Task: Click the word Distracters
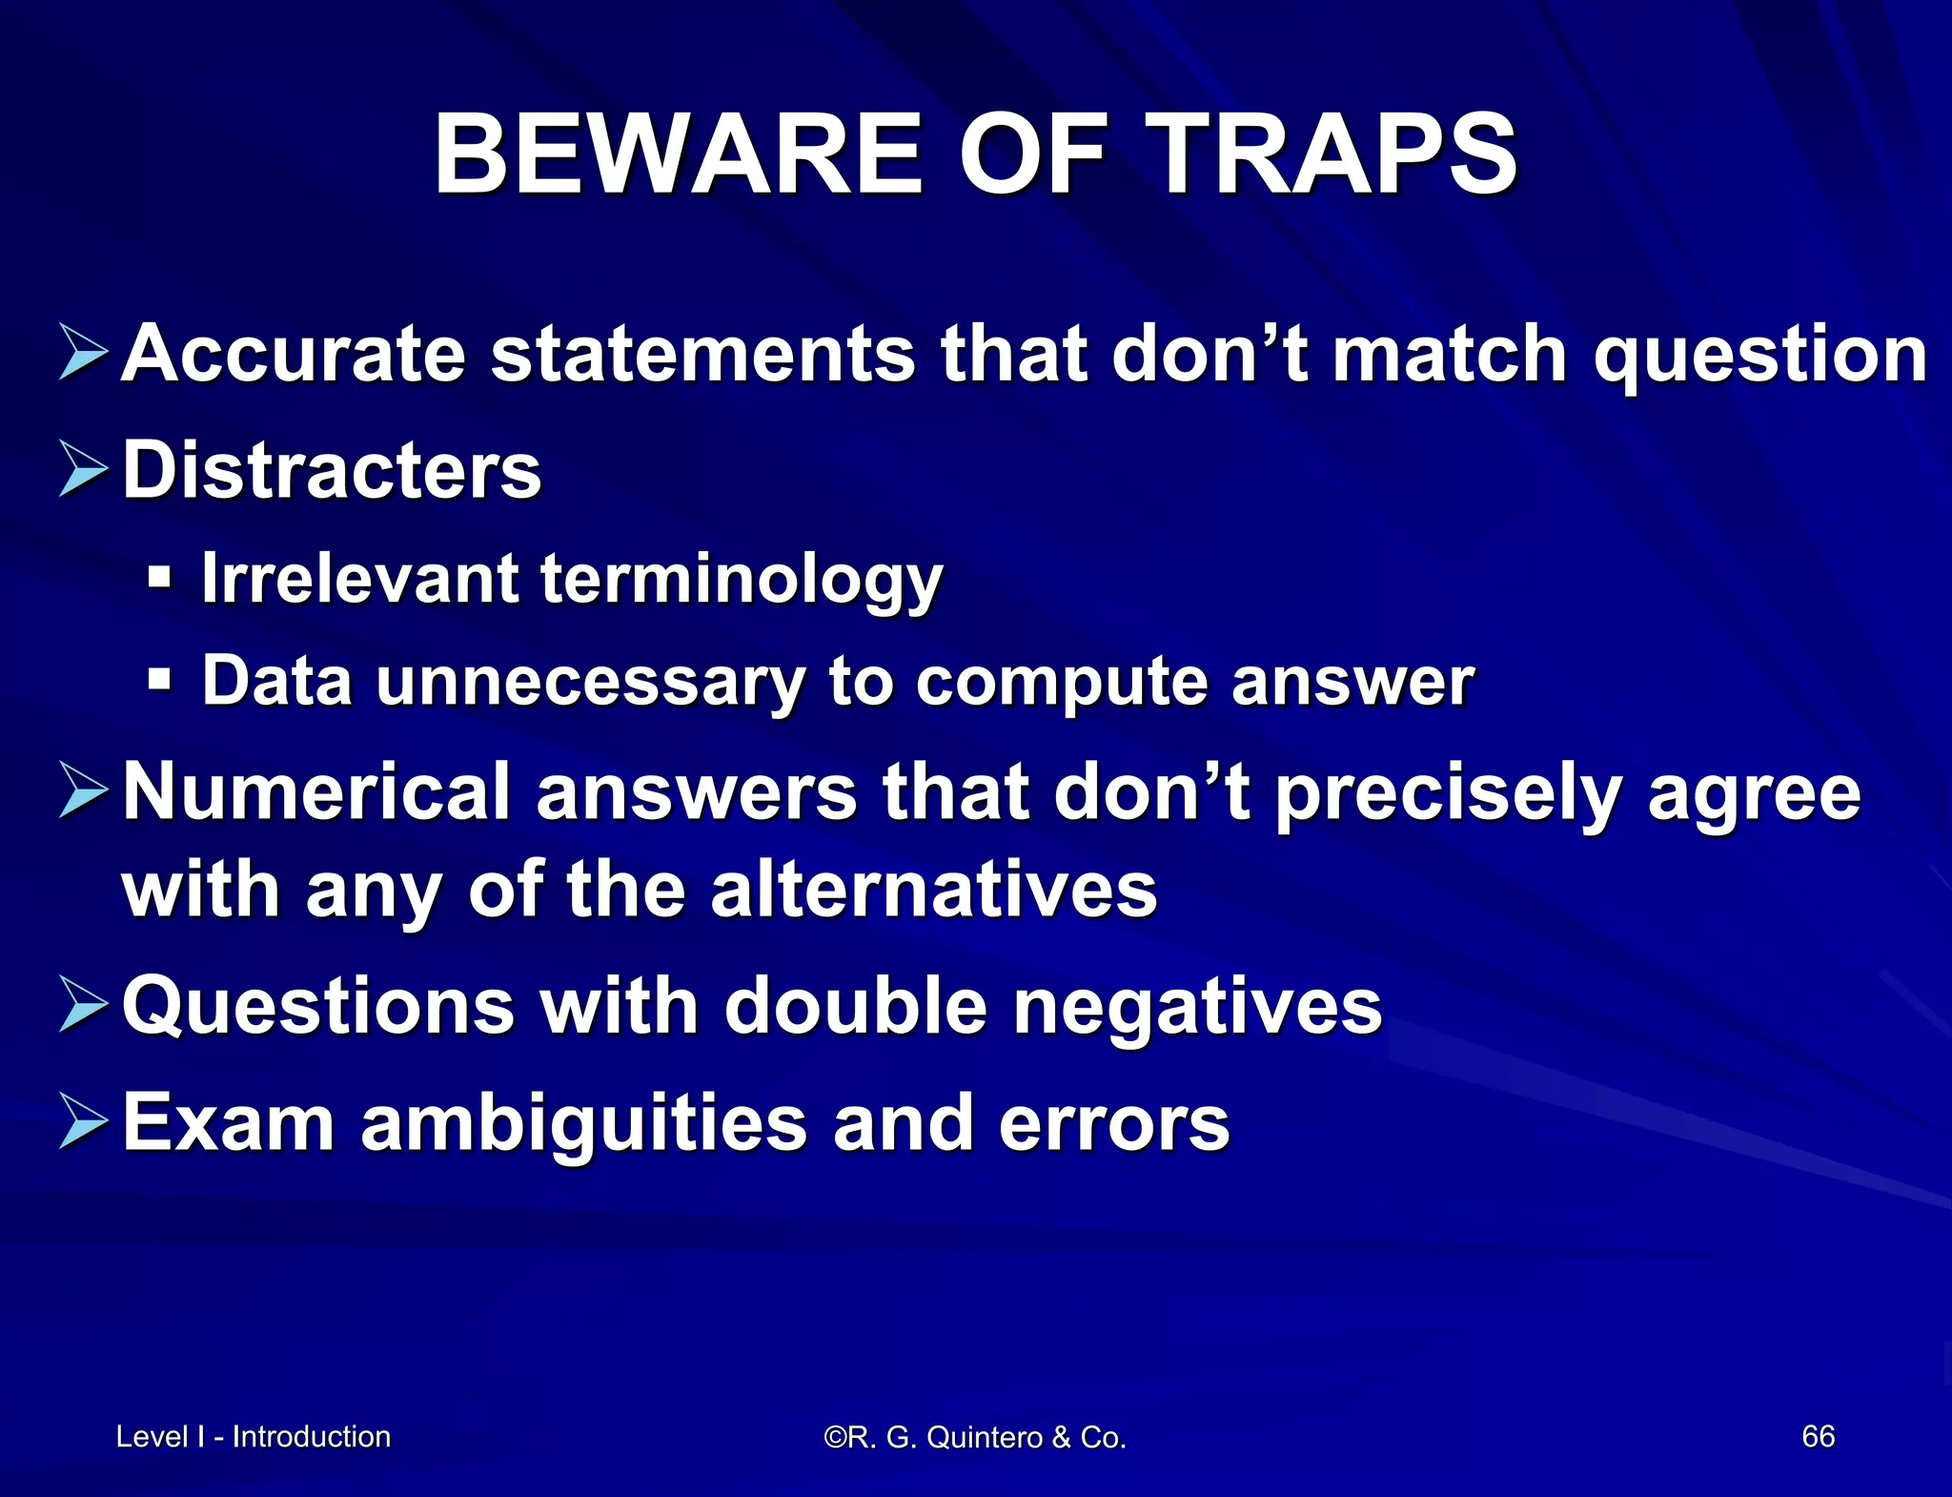tap(332, 470)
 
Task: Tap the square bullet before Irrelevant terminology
tap(160, 577)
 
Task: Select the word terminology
tap(742, 580)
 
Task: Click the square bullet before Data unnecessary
tap(160, 680)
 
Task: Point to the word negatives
tap(1196, 1007)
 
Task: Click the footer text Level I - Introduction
tap(253, 1436)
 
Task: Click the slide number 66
tap(1818, 1436)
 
